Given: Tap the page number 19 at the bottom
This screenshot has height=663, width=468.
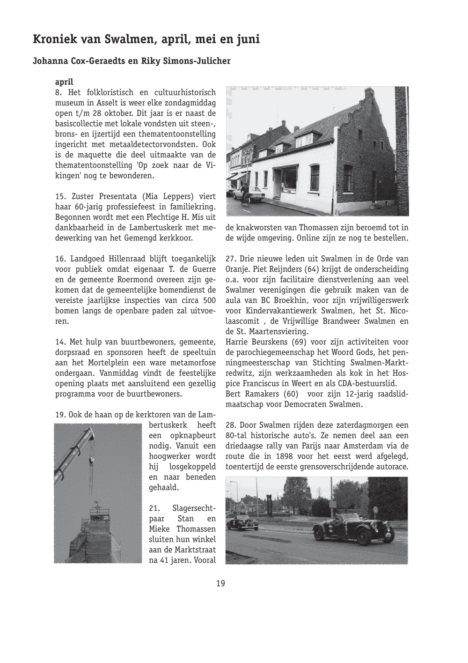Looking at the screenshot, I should [x=220, y=583].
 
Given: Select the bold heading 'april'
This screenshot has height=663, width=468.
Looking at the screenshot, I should [x=64, y=82].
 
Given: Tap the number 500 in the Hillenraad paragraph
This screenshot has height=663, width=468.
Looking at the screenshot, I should [x=209, y=300].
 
